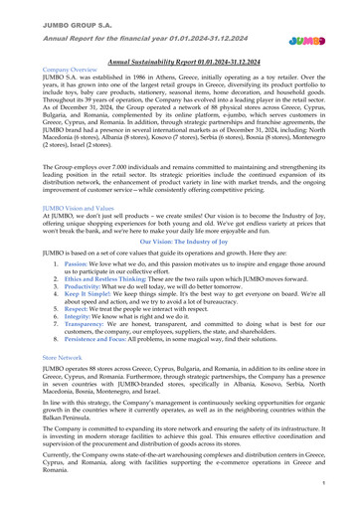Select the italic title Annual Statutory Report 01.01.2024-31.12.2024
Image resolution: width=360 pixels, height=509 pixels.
(x=180, y=61)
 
